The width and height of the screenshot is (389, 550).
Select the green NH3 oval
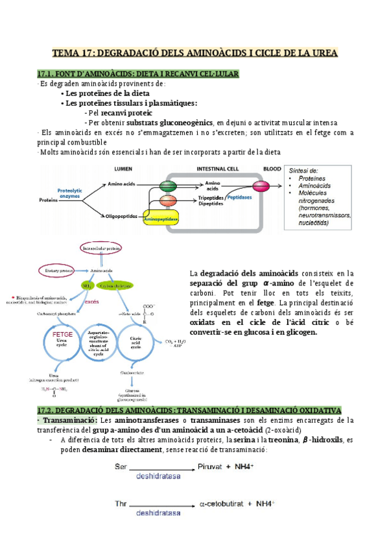[x=87, y=285]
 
